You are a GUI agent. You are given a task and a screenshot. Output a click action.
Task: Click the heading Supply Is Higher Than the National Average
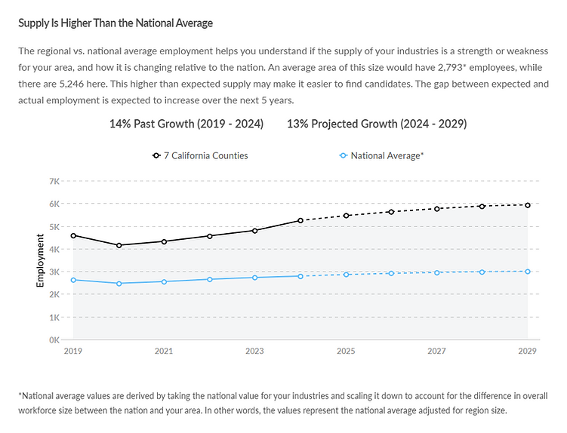116,23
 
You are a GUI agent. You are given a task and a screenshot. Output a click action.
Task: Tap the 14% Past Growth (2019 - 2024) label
186,124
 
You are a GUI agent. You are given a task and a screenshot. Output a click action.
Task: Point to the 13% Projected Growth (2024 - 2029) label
377,124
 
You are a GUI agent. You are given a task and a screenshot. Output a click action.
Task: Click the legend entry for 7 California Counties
200,155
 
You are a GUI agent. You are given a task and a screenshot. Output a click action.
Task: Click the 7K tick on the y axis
54,182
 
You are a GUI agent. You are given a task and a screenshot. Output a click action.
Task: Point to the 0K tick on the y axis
54,340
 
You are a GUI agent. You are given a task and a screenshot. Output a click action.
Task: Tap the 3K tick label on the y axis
54,272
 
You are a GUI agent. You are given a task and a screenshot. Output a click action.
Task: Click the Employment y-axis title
41,260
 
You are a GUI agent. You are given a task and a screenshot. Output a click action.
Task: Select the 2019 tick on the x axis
73,352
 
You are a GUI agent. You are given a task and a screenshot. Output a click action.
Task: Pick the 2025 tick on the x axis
346,352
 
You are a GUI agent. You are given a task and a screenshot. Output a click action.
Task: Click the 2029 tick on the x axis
528,352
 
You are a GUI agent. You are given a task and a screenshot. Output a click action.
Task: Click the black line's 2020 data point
119,245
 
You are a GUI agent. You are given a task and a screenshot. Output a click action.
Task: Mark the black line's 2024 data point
300,220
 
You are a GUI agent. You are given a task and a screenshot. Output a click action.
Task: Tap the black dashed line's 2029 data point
528,205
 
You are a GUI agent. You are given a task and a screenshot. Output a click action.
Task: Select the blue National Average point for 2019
73,280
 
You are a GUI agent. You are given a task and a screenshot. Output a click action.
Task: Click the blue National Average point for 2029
528,272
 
